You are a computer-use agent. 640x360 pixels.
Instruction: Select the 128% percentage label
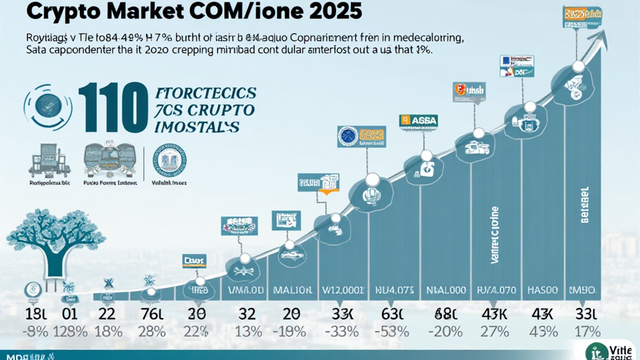click(x=67, y=331)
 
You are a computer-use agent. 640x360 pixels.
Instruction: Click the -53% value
click(x=386, y=331)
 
